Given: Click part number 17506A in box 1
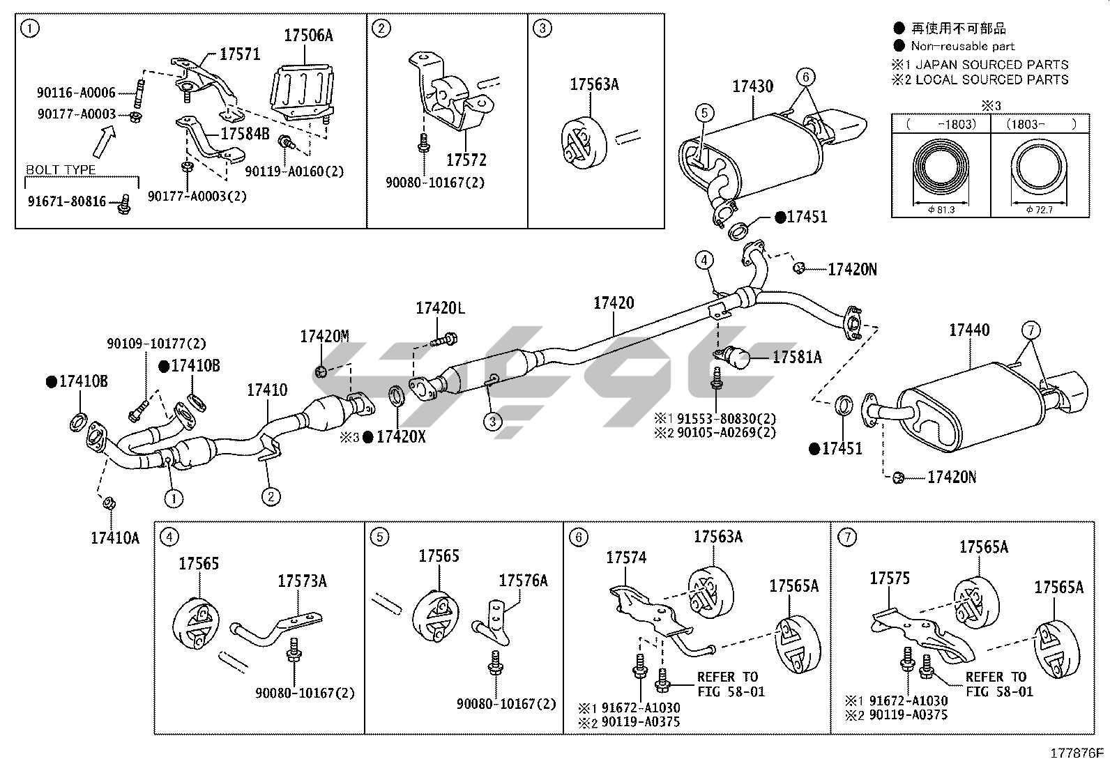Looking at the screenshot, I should point(307,36).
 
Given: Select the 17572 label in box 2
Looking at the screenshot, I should point(466,160).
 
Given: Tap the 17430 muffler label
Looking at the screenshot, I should point(752,87).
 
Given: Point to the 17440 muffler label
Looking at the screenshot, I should point(969,330).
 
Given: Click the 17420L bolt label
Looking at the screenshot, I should point(440,308).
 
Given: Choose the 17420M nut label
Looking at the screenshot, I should point(324,337).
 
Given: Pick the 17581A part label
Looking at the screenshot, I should point(797,358).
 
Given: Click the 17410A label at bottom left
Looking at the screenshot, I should point(115,537).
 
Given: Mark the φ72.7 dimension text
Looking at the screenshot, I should point(1040,209).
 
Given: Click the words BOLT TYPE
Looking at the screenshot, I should point(61,170).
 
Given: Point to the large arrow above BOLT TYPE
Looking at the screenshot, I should point(103,143).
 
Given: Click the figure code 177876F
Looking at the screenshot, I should point(1077,753).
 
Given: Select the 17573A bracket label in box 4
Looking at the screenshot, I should point(302,581).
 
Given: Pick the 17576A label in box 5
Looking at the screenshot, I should point(523,581).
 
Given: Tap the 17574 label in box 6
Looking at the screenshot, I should point(626,558).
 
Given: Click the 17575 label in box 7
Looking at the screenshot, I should point(890,578).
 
